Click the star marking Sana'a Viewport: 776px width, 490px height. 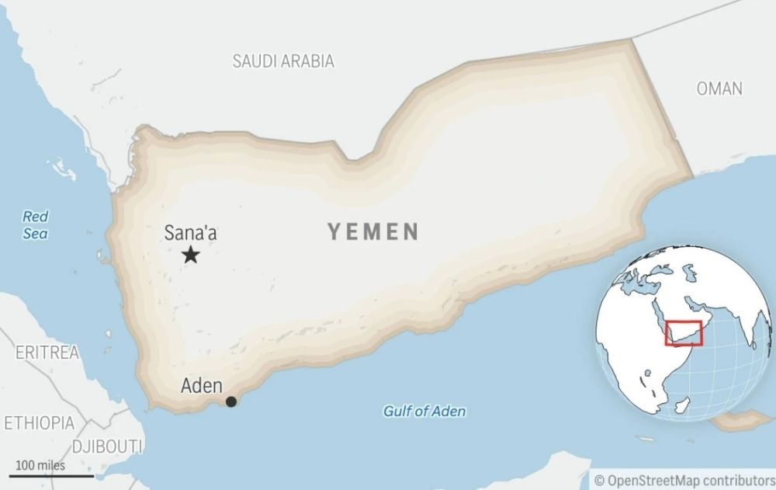[190, 255]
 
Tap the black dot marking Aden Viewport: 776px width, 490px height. [231, 401]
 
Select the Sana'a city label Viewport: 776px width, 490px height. [189, 232]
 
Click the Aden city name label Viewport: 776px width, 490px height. [202, 385]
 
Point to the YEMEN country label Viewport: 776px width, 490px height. [373, 231]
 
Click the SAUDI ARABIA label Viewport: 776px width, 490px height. [283, 61]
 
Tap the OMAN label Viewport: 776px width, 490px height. [719, 89]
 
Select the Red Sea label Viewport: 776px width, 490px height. [35, 225]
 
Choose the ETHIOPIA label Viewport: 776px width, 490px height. [40, 423]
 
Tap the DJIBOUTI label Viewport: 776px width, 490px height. [106, 446]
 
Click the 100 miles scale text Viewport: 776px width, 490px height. [40, 465]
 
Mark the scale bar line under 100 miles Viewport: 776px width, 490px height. [51, 475]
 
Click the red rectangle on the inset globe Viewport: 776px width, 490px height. [684, 333]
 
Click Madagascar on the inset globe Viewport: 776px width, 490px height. [680, 406]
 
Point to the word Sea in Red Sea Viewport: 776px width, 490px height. [35, 234]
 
